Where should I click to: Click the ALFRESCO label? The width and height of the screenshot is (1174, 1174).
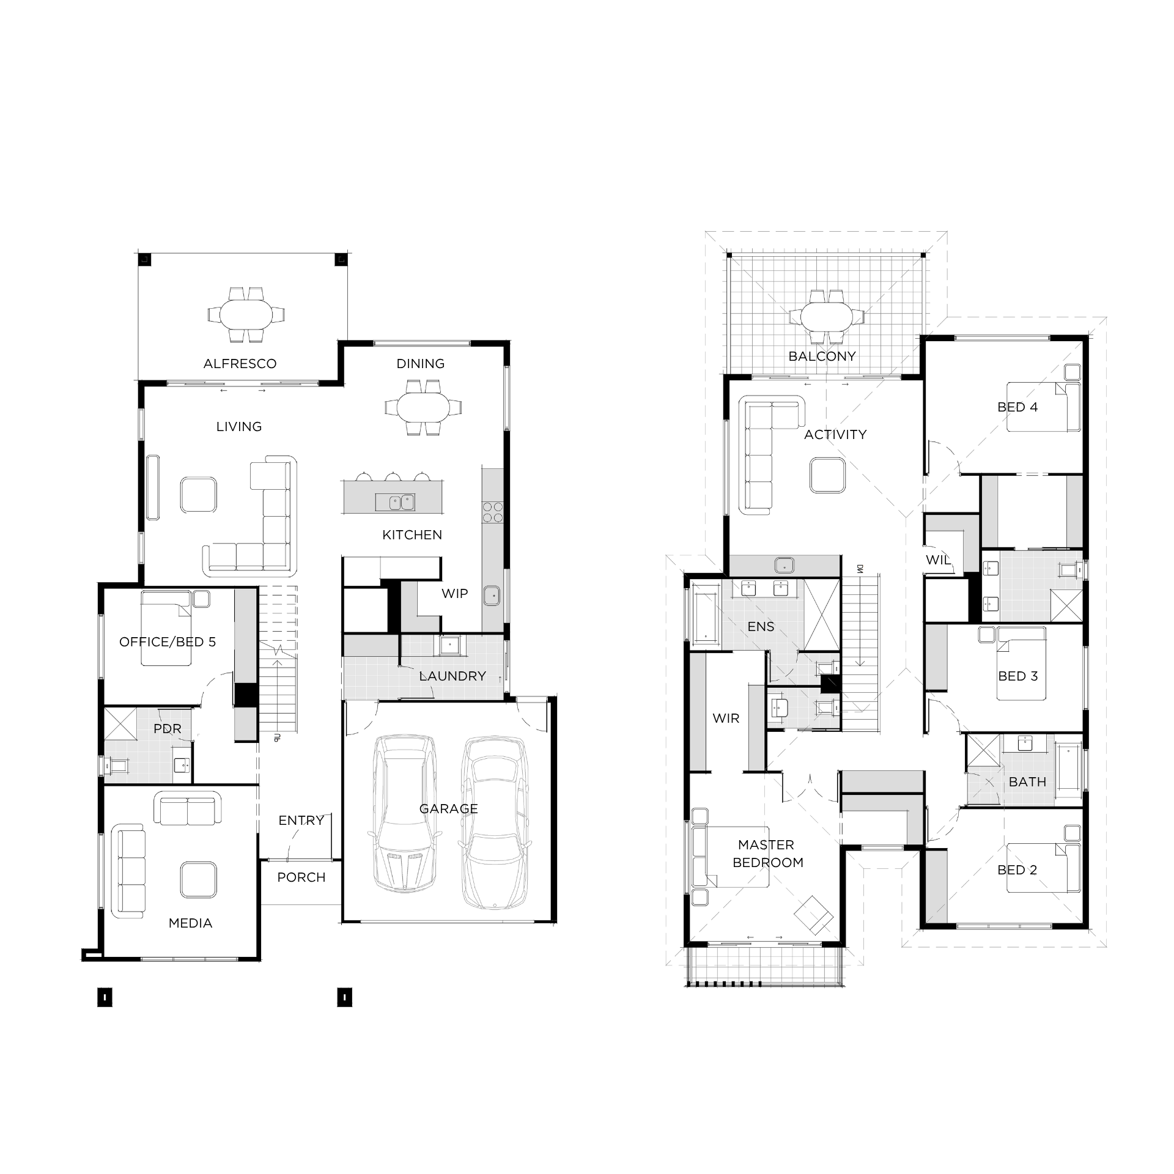(x=240, y=364)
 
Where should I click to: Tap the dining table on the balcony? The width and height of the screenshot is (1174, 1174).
(x=827, y=317)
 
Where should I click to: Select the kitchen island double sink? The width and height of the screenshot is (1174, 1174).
(x=395, y=503)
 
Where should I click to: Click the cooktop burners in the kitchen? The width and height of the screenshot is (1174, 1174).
(x=492, y=512)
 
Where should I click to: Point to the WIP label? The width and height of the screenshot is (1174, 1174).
(x=455, y=593)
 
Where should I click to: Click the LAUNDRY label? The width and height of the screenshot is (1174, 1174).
(x=452, y=676)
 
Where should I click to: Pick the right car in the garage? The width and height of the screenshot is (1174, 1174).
(x=493, y=822)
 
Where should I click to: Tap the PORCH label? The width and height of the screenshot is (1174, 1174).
(x=301, y=877)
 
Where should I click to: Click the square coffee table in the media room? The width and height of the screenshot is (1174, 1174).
(x=198, y=880)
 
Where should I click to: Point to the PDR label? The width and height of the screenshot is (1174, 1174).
(x=168, y=729)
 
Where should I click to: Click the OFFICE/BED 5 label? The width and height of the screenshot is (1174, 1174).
(x=168, y=642)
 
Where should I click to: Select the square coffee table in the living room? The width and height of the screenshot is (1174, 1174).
(x=199, y=495)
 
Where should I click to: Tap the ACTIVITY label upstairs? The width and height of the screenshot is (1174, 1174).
(x=835, y=435)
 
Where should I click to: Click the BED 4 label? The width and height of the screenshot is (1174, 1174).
(x=1017, y=407)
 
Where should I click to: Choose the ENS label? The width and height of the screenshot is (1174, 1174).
(x=761, y=627)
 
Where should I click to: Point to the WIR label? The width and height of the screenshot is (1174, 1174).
(x=726, y=718)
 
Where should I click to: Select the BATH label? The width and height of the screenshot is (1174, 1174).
(x=1027, y=782)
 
